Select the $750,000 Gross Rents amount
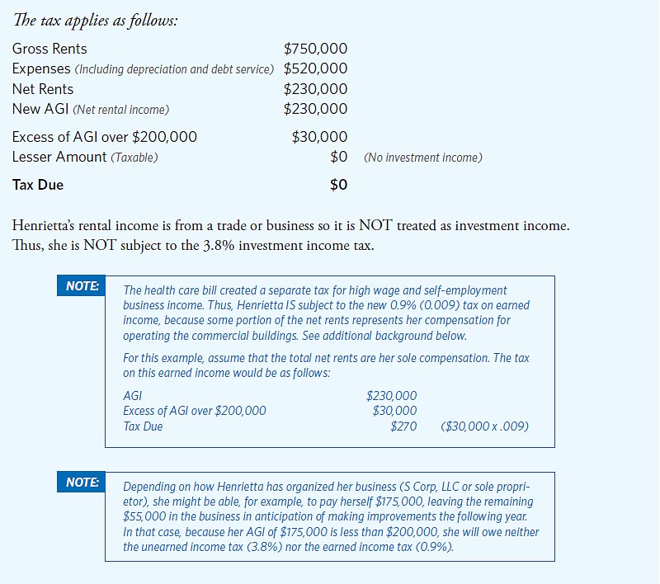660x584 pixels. pyautogui.click(x=315, y=49)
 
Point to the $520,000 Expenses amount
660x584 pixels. pyautogui.click(x=315, y=68)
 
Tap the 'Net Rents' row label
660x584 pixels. pyautogui.click(x=43, y=89)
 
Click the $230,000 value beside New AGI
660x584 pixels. pyautogui.click(x=315, y=109)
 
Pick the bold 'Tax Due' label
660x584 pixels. pyautogui.click(x=38, y=185)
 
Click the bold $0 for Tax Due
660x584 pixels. pyautogui.click(x=338, y=185)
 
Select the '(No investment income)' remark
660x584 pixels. pyautogui.click(x=422, y=158)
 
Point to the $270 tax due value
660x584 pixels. pyautogui.click(x=403, y=426)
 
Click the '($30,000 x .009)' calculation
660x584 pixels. pyautogui.click(x=485, y=426)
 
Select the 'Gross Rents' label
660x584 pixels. pyautogui.click(x=49, y=49)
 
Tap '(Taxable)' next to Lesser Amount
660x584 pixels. pyautogui.click(x=134, y=158)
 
